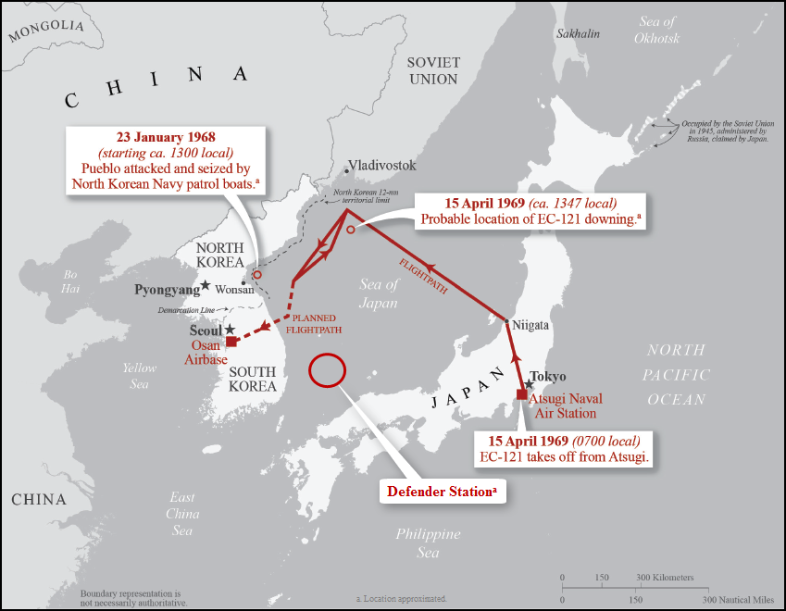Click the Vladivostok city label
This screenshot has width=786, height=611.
381,166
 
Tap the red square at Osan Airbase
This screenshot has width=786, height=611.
231,341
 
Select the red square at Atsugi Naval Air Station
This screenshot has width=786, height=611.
522,393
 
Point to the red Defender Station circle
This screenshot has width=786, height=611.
327,370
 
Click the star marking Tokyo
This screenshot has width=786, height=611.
529,383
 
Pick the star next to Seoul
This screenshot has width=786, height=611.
230,330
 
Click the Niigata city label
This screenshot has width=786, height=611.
531,326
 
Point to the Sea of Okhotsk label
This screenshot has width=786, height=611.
657,30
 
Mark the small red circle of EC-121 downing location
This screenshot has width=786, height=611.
350,230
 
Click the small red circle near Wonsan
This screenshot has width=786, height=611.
257,275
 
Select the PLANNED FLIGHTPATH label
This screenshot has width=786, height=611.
310,323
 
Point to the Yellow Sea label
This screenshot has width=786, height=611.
140,375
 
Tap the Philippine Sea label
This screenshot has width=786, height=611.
428,542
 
